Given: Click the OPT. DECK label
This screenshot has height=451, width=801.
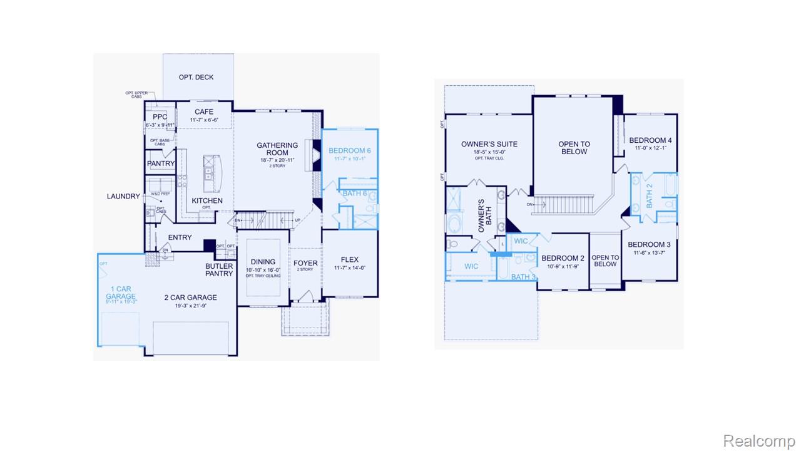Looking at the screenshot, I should click(x=196, y=77).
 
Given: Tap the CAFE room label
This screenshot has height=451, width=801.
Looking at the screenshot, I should click(x=204, y=112).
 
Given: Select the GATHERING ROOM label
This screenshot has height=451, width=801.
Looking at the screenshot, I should click(x=277, y=149).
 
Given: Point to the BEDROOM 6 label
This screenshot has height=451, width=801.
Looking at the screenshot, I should click(x=350, y=150).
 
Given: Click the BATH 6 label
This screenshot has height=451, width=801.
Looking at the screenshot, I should click(x=355, y=193).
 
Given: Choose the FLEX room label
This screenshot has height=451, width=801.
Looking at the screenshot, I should click(x=350, y=259).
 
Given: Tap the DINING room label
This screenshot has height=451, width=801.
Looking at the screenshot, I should click(x=263, y=262).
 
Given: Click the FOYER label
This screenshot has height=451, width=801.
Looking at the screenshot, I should click(x=305, y=262).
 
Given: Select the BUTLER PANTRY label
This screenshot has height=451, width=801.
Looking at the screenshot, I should click(x=219, y=270).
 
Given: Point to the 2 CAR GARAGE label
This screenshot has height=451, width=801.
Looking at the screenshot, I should click(x=190, y=298).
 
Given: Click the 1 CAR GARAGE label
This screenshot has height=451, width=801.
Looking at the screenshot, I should click(x=121, y=293).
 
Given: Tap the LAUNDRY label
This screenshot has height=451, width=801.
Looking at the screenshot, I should click(x=123, y=196).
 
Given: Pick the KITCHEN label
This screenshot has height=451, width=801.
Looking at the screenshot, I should click(x=207, y=200).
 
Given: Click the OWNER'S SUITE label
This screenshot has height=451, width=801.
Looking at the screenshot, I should click(x=489, y=144).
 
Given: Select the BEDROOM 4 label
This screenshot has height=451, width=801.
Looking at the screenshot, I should click(x=650, y=140).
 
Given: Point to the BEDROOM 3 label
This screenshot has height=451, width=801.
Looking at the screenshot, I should click(x=650, y=244).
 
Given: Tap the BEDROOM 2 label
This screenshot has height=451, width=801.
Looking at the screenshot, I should click(x=563, y=258).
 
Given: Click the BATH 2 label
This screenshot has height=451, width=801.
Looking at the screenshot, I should click(x=650, y=196).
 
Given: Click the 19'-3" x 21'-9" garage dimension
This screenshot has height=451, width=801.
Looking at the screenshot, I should click(x=190, y=305).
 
